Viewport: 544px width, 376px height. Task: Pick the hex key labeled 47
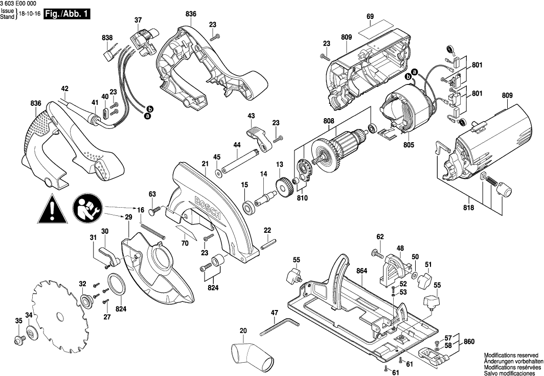[279, 326]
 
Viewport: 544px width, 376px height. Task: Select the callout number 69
[370, 16]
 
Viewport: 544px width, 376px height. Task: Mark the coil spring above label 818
[491, 182]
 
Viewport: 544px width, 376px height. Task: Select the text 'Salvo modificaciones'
[511, 372]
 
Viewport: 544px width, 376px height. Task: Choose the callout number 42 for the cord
[64, 88]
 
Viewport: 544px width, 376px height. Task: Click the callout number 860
[469, 341]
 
